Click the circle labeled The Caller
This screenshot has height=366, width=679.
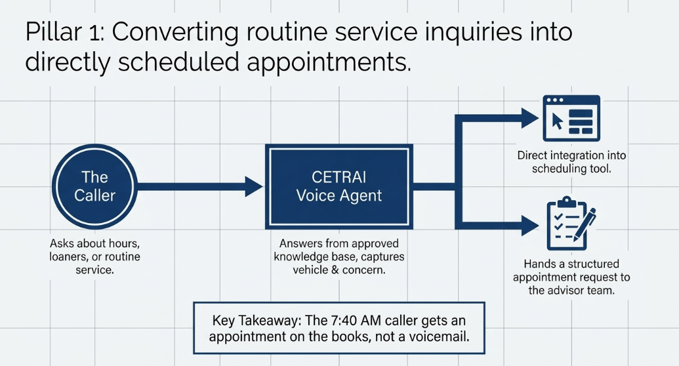point(95,187)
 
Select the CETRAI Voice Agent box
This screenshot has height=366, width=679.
point(339,187)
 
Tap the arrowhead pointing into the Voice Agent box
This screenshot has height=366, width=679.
point(254,187)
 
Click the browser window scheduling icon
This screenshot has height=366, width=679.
point(571,118)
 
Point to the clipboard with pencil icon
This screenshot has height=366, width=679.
point(571,223)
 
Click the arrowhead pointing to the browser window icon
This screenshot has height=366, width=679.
point(531,118)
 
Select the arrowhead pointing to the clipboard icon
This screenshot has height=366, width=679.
point(531,226)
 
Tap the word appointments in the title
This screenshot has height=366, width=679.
point(329,62)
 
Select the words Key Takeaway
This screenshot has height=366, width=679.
point(256,321)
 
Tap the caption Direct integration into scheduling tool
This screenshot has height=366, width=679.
point(571,162)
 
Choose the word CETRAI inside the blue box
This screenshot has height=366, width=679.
point(339,177)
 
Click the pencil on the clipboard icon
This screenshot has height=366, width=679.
point(585,224)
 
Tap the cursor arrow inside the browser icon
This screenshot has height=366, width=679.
point(558,121)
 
